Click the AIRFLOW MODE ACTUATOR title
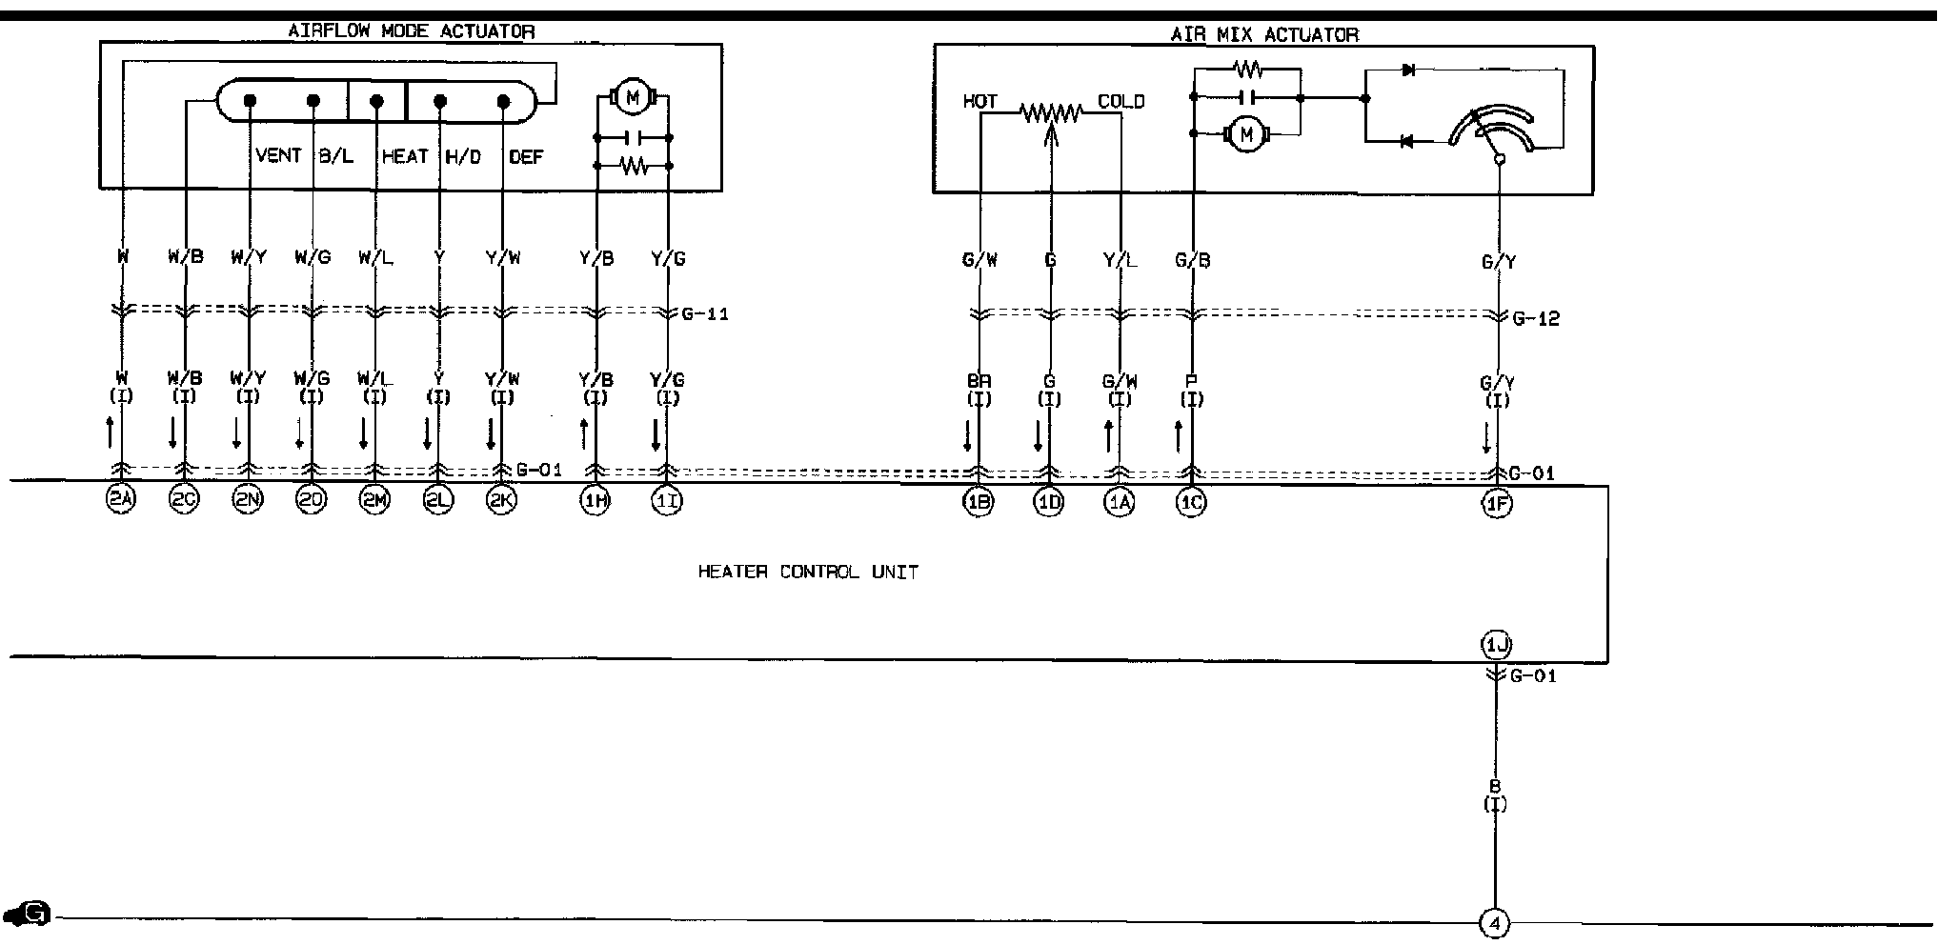tap(411, 31)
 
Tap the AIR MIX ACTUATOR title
tap(1263, 35)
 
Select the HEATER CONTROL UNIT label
tap(808, 573)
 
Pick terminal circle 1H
tap(596, 501)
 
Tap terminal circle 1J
tap(1496, 646)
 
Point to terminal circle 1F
tap(1497, 503)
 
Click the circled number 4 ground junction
tap(1495, 922)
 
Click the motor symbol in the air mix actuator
tap(1245, 135)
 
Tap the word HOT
tap(979, 101)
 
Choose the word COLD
tap(1120, 101)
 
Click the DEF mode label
tap(525, 156)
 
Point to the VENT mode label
tap(278, 155)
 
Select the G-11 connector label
tap(705, 313)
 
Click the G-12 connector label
tap(1536, 318)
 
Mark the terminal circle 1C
tap(1191, 503)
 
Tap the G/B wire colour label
tap(1192, 260)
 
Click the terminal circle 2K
tap(501, 501)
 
